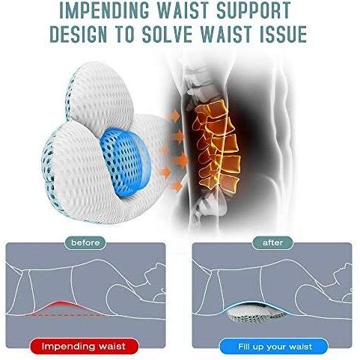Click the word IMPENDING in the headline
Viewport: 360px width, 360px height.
click(106, 10)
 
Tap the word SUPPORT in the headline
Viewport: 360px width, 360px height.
click(254, 10)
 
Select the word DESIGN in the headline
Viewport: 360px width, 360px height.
click(79, 33)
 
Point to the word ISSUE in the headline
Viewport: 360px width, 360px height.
click(284, 33)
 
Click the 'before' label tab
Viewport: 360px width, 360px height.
click(85, 242)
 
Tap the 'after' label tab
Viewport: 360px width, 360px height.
click(272, 242)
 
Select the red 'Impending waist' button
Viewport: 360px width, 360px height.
click(84, 347)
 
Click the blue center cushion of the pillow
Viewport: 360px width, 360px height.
click(126, 163)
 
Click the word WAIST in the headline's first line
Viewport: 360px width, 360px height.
click(183, 10)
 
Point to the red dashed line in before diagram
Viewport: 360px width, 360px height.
click(63, 315)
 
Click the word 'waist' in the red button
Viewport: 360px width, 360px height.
click(112, 347)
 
